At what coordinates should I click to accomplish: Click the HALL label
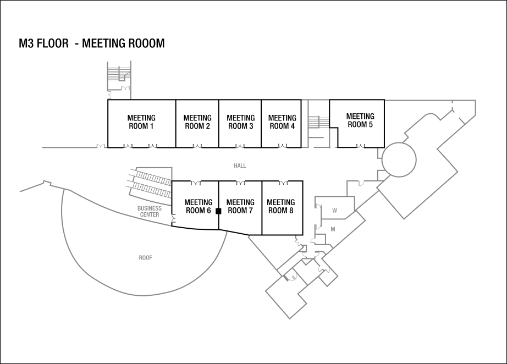tap(240, 166)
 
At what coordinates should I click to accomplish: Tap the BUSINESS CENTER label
tap(150, 212)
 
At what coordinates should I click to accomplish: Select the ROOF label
tap(145, 258)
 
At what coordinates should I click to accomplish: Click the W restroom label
tap(334, 211)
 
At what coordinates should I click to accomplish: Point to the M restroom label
tap(333, 228)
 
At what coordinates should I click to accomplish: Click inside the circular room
tap(399, 159)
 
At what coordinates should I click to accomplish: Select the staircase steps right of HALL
tap(318, 122)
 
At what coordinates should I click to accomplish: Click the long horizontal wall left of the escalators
tap(69, 147)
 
